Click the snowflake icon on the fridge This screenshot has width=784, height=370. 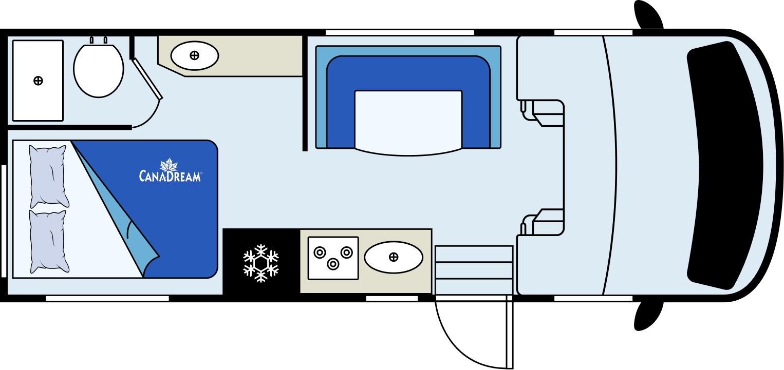[261, 263]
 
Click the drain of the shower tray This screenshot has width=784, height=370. [38, 81]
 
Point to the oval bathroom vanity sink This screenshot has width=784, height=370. [195, 55]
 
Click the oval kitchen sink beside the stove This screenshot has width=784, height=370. [394, 257]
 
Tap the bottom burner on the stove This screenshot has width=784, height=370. [333, 264]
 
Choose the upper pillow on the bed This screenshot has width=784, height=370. [48, 176]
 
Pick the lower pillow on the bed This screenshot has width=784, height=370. [48, 241]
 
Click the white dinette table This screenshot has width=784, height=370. [408, 123]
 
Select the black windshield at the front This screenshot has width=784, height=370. [724, 165]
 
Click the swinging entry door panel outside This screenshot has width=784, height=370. [510, 332]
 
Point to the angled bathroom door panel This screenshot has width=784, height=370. [147, 79]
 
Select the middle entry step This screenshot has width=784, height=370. [474, 270]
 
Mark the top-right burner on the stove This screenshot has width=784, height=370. [346, 252]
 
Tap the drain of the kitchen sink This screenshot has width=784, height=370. [394, 257]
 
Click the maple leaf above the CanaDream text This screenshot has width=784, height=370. [169, 164]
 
